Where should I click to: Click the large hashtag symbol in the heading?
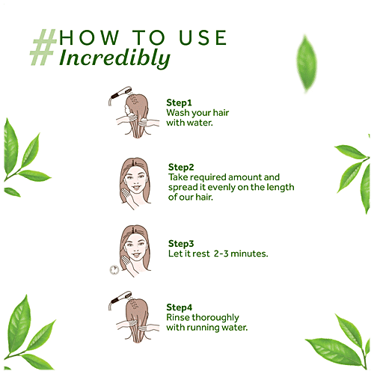pyautogui.click(x=43, y=46)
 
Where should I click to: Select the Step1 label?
pyautogui.click(x=180, y=102)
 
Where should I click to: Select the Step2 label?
pyautogui.click(x=181, y=166)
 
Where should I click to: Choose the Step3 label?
pyautogui.click(x=181, y=244)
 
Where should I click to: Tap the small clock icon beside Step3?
pyautogui.click(x=114, y=269)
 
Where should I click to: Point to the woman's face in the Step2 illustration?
pyautogui.click(x=133, y=179)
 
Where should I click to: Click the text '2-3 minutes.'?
pyautogui.click(x=241, y=254)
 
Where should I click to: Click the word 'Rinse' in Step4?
pyautogui.click(x=180, y=317)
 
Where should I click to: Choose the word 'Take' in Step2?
pyautogui.click(x=179, y=177)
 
